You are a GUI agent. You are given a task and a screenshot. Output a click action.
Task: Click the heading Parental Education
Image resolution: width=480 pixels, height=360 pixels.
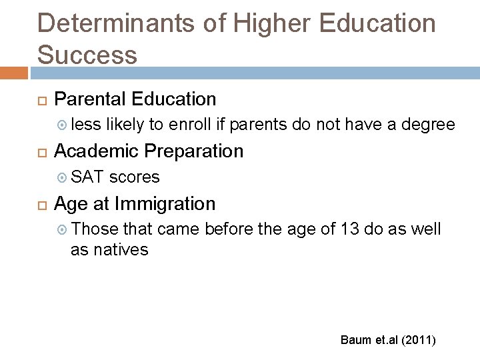(x=135, y=99)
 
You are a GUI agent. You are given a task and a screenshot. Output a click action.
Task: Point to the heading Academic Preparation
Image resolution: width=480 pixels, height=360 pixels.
(x=149, y=151)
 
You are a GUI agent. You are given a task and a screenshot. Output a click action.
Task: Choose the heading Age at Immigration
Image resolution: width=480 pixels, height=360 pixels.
(x=135, y=203)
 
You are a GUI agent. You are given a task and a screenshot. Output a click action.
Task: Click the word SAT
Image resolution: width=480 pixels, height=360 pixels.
(x=85, y=177)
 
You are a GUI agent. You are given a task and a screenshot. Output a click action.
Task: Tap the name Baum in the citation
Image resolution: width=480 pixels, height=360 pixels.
(x=355, y=340)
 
